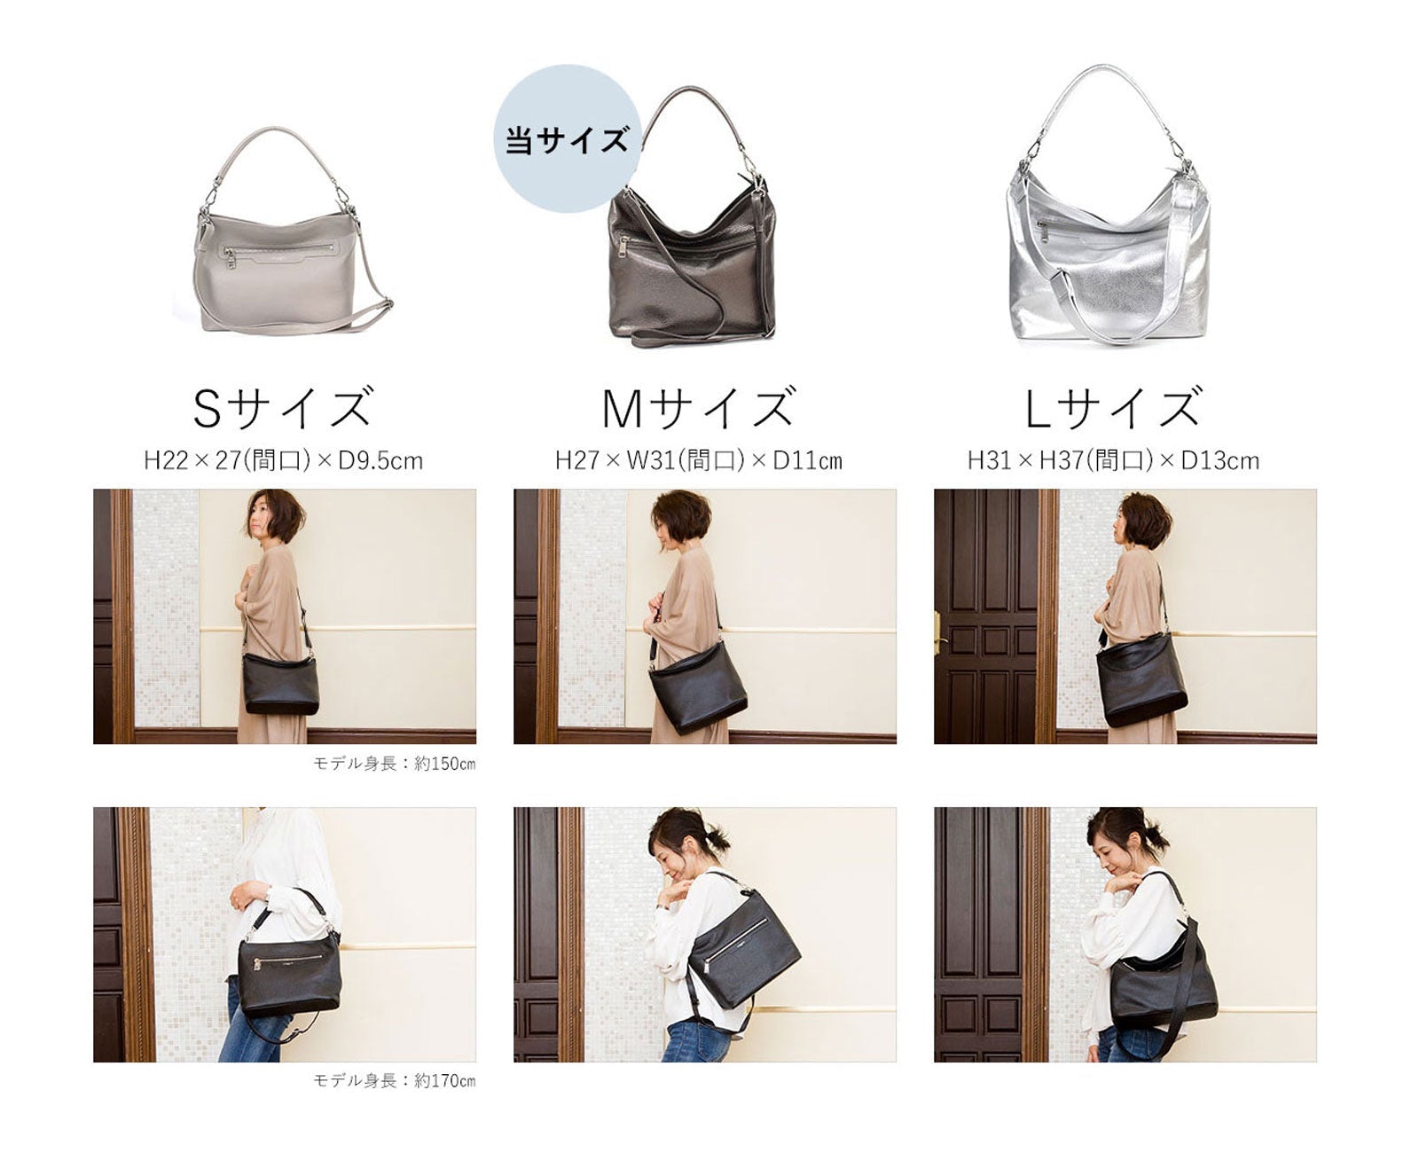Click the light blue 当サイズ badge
click(x=566, y=138)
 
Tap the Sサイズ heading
click(x=282, y=408)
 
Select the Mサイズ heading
click(x=698, y=408)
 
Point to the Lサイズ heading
click(x=1113, y=408)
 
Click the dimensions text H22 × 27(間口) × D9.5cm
click(x=283, y=461)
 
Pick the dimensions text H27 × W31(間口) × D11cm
click(x=699, y=461)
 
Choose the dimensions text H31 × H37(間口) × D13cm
click(x=1113, y=461)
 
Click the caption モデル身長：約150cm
click(x=395, y=764)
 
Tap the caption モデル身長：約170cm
click(x=395, y=1080)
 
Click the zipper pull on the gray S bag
click(x=230, y=258)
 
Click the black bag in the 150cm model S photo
click(x=279, y=684)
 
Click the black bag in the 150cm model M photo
click(x=698, y=686)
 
